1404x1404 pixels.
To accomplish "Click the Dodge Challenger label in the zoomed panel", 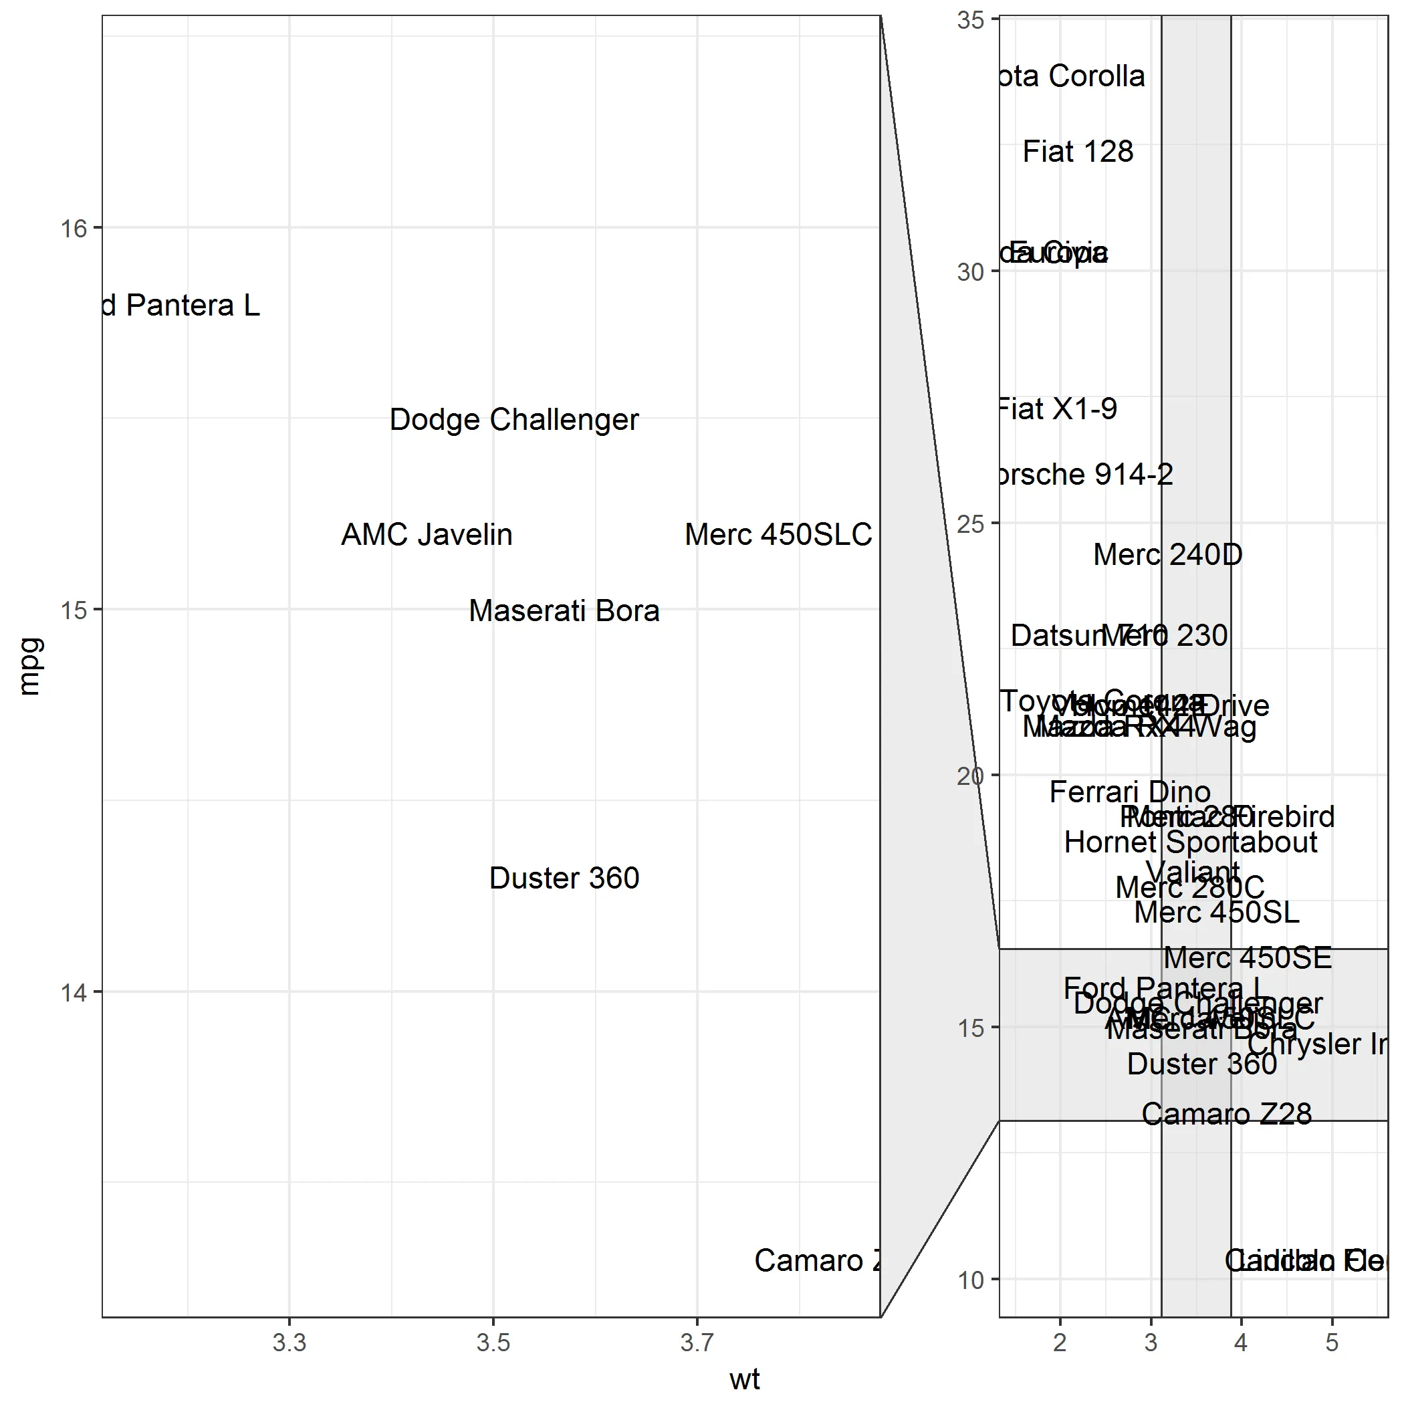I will pyautogui.click(x=513, y=420).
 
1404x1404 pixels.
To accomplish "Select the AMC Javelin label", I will pyautogui.click(x=427, y=535).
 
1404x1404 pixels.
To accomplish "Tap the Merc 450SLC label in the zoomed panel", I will pyautogui.click(x=778, y=535).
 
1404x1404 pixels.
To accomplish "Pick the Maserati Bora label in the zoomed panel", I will pyautogui.click(x=564, y=611).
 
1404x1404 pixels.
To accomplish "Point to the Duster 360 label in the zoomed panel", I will pyautogui.click(x=564, y=879).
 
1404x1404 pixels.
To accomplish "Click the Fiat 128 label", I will pyautogui.click(x=1078, y=152).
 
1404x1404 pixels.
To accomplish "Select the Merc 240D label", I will pyautogui.click(x=1168, y=555).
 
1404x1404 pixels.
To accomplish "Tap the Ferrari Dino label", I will pyautogui.click(x=1130, y=792).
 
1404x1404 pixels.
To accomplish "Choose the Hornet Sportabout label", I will pyautogui.click(x=1190, y=843).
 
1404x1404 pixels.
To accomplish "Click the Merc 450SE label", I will pyautogui.click(x=1248, y=959).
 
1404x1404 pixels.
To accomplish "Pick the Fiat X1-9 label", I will pyautogui.click(x=1058, y=409).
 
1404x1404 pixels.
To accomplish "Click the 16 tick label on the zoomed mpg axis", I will pyautogui.click(x=74, y=229).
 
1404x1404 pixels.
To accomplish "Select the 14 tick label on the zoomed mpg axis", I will pyautogui.click(x=74, y=993).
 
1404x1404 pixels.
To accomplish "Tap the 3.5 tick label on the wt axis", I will pyautogui.click(x=493, y=1344).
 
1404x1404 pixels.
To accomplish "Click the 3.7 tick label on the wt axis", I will pyautogui.click(x=697, y=1344).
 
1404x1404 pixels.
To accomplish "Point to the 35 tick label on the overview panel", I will pyautogui.click(x=970, y=20).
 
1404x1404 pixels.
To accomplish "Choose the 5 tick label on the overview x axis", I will pyautogui.click(x=1331, y=1343).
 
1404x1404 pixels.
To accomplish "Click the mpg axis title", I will pyautogui.click(x=30, y=667).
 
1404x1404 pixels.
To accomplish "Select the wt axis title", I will pyautogui.click(x=744, y=1379).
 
